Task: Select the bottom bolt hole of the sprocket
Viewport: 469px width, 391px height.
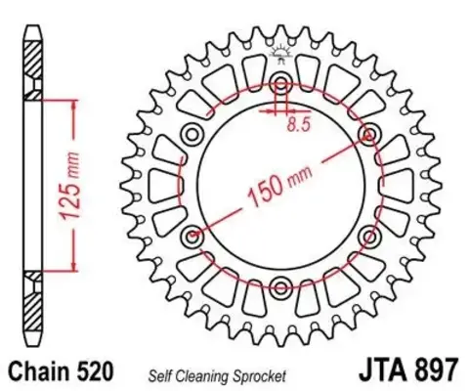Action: click(280, 286)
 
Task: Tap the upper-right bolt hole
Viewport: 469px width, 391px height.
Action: click(369, 133)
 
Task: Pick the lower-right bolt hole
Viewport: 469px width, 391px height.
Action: click(369, 235)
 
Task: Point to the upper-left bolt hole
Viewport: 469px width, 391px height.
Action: click(192, 133)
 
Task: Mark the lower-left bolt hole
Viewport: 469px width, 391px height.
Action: click(192, 235)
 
